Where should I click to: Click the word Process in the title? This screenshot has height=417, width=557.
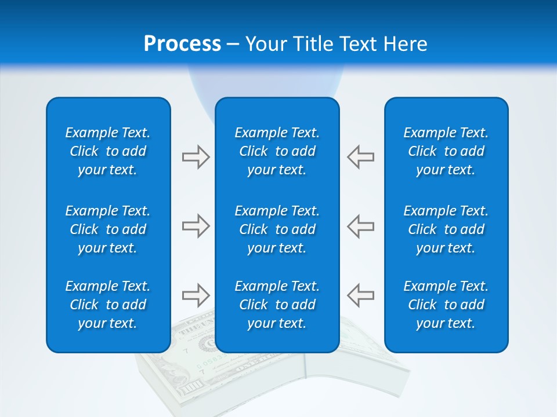pyautogui.click(x=182, y=44)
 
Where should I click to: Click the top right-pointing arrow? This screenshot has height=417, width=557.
pyautogui.click(x=196, y=157)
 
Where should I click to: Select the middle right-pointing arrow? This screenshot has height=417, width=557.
pyautogui.click(x=196, y=226)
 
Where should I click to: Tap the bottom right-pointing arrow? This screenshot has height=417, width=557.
pyautogui.click(x=196, y=295)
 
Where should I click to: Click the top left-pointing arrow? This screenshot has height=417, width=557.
pyautogui.click(x=360, y=157)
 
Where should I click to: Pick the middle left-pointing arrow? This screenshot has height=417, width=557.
pyautogui.click(x=360, y=226)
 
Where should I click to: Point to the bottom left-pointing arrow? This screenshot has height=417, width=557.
pyautogui.click(x=360, y=295)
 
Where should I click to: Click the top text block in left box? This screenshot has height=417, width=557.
pyautogui.click(x=108, y=151)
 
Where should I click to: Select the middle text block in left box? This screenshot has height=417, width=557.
pyautogui.click(x=108, y=229)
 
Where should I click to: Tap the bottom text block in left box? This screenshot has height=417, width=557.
pyautogui.click(x=108, y=305)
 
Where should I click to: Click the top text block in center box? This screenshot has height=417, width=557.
pyautogui.click(x=277, y=151)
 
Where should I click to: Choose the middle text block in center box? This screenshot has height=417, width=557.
pyautogui.click(x=277, y=229)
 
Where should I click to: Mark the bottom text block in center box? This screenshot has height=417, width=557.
pyautogui.click(x=277, y=305)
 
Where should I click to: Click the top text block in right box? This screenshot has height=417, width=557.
pyautogui.click(x=446, y=151)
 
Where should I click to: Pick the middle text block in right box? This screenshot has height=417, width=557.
pyautogui.click(x=446, y=229)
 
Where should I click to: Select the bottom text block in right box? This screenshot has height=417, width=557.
pyautogui.click(x=446, y=305)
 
